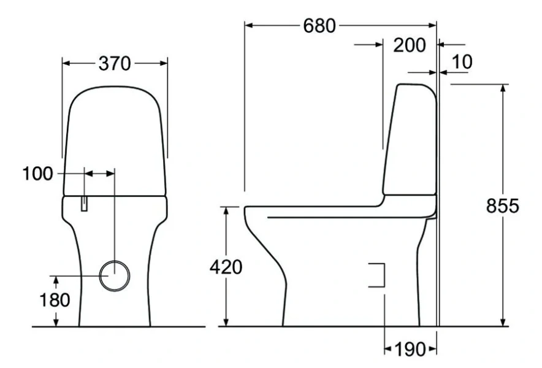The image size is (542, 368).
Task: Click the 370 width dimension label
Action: [x=115, y=63]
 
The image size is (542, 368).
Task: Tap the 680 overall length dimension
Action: [x=319, y=26]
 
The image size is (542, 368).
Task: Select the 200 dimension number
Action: [x=410, y=45]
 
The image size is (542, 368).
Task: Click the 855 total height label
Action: [x=503, y=207]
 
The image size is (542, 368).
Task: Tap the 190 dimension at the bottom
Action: [x=410, y=350]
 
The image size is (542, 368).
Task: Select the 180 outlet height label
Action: [x=56, y=300]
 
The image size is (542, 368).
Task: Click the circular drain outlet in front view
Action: [x=114, y=275]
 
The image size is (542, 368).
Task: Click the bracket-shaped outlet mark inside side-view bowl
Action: [x=377, y=275]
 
